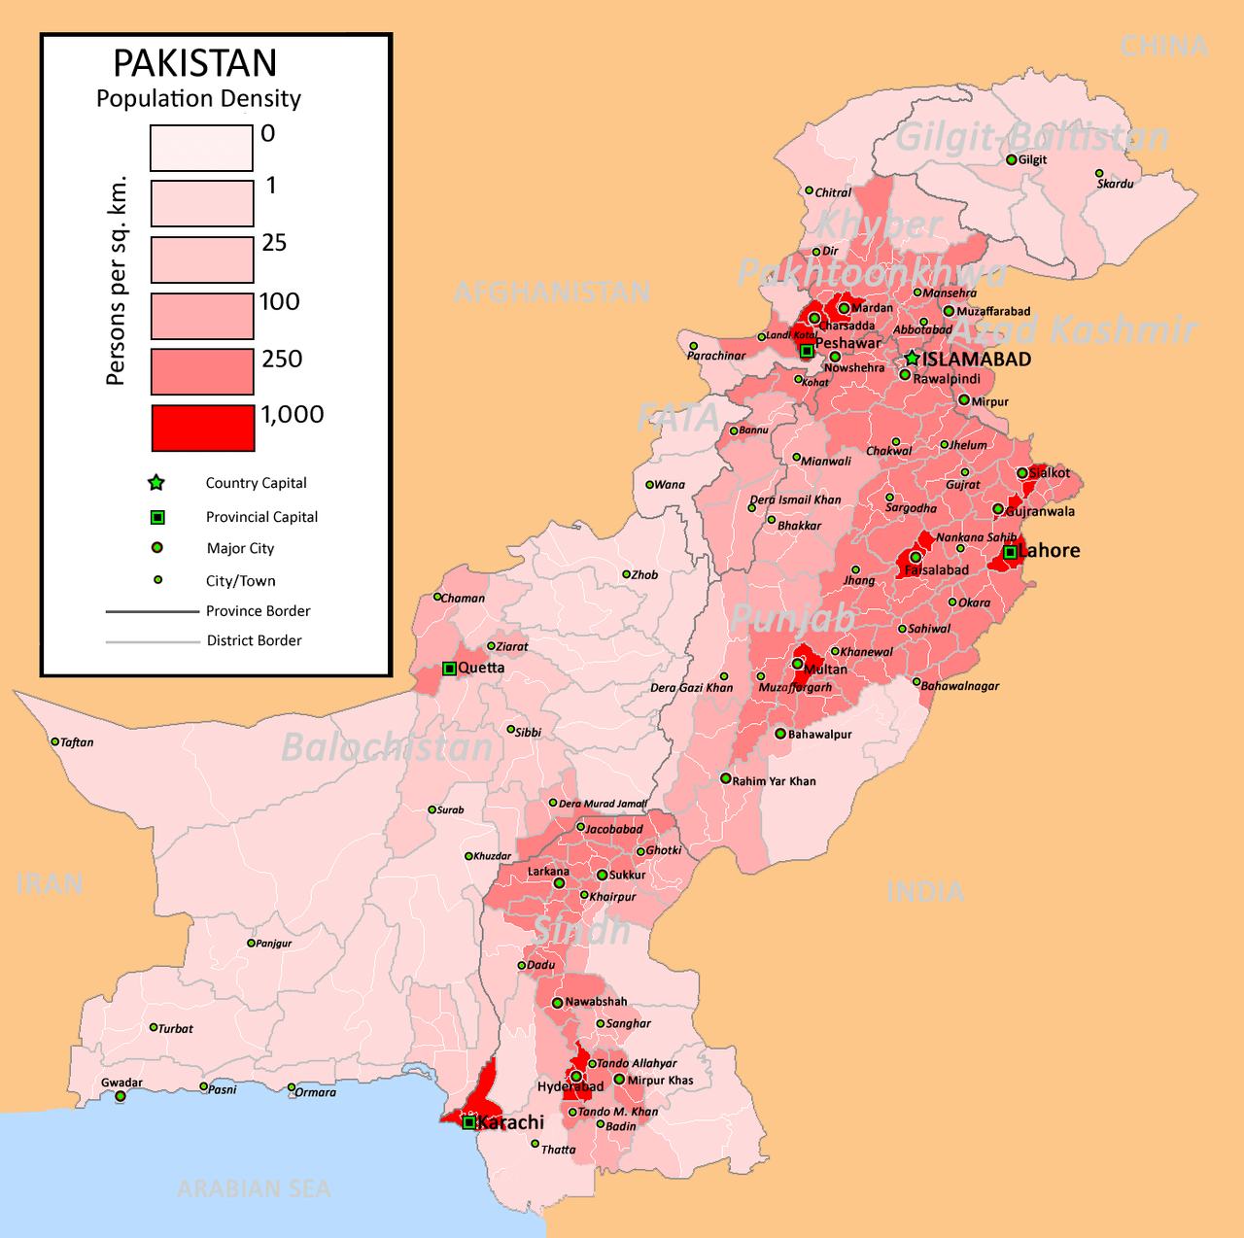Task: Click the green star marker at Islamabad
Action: pos(912,359)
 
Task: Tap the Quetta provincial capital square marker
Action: pos(449,669)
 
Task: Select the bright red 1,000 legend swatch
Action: pos(203,429)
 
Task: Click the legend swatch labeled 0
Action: pos(201,148)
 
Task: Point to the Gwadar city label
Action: pos(121,1083)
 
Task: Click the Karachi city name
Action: pos(511,1122)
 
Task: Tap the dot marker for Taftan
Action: pos(55,741)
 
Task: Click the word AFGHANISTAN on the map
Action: pos(552,292)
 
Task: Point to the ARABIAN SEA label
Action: pos(255,1188)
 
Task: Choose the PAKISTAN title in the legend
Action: pos(195,63)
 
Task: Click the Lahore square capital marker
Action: pos(1010,552)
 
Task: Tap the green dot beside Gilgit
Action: pos(1011,159)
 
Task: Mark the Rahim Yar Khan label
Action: pos(774,781)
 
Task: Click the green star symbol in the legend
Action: pos(156,483)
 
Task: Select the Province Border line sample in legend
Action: pos(152,611)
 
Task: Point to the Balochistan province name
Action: pos(387,747)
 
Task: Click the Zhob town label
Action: pos(644,575)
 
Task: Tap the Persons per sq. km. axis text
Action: pos(117,281)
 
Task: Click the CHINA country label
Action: pos(1163,46)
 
